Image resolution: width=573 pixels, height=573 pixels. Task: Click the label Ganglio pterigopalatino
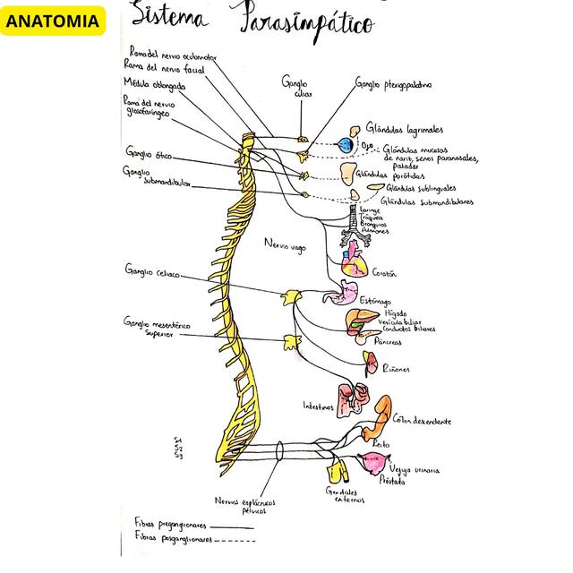point(393,85)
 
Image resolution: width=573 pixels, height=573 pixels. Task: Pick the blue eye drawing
point(346,145)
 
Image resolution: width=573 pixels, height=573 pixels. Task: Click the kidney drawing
point(371,361)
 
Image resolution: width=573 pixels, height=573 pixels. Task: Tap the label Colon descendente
point(421,421)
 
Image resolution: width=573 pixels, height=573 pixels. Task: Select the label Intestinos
point(318,406)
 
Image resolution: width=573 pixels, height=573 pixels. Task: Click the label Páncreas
point(389,341)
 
